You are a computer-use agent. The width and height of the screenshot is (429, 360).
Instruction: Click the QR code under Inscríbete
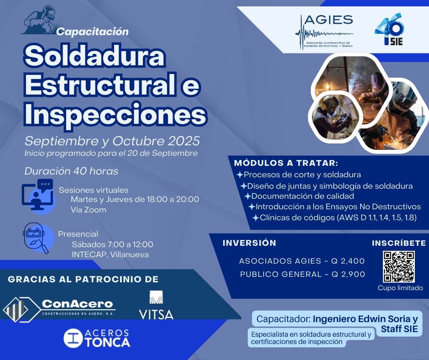click(398, 266)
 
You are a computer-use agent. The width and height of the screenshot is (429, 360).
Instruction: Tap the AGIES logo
click(324, 32)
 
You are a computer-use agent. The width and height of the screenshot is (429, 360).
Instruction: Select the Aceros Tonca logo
click(97, 338)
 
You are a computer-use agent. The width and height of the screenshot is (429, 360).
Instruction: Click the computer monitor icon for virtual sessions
click(38, 197)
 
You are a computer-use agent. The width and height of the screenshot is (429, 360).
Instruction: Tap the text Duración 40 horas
click(71, 171)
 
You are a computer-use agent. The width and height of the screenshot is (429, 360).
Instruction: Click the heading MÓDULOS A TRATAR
click(286, 163)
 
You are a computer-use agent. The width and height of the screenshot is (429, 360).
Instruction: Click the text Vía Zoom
click(89, 210)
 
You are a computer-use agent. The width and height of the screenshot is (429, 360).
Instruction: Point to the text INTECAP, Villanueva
click(110, 254)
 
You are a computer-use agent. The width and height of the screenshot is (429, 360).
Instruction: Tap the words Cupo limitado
click(400, 288)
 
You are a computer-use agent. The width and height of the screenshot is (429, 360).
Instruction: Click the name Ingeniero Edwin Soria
click(359, 318)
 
